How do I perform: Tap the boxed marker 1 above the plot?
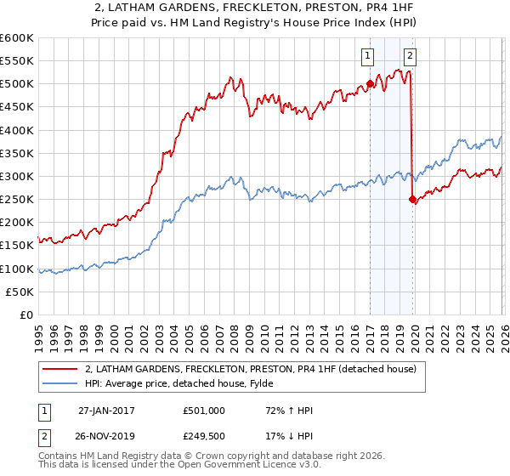[x=368, y=57]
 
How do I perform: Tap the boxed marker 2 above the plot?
[x=411, y=57]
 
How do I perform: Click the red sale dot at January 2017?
[x=370, y=83]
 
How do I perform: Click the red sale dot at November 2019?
[x=412, y=200]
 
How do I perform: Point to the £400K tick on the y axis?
[x=17, y=130]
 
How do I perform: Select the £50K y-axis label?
[x=20, y=292]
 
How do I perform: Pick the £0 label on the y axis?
[x=27, y=314]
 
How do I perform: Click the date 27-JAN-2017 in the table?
[x=103, y=410]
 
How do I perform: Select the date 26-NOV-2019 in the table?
[x=103, y=435]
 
